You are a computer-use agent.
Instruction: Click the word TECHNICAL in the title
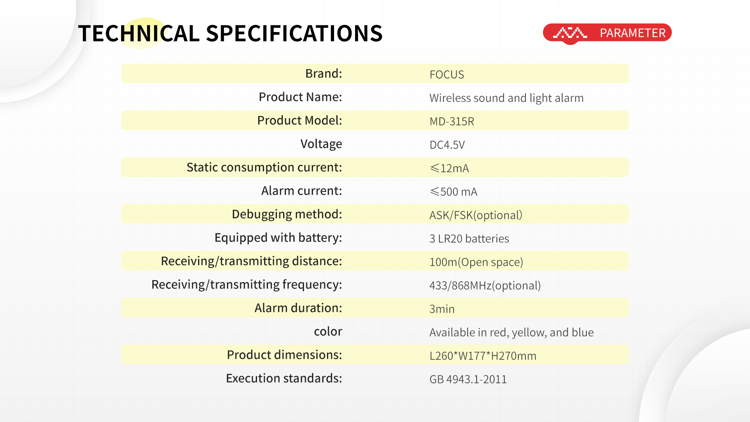coord(139,33)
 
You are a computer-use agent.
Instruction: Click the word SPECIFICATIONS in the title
coord(294,33)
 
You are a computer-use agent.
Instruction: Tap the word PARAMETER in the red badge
coord(632,33)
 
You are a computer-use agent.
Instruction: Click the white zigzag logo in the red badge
coord(570,33)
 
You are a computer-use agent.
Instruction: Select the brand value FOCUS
coord(446,75)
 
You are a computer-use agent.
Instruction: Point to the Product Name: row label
coord(300,97)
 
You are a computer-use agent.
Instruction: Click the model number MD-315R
coord(452,122)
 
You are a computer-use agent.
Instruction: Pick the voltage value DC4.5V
coord(447,145)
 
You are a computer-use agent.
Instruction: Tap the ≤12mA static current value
coord(449,168)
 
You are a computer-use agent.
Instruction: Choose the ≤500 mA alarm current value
coord(453,192)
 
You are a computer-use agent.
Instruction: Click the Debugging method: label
coord(287,215)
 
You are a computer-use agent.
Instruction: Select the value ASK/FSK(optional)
coord(476,215)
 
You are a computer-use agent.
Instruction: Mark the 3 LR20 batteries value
coord(469,239)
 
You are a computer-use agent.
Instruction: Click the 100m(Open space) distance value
coord(476,262)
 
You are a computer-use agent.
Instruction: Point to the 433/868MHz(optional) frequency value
coord(485,286)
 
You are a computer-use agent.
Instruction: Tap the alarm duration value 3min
coord(442,309)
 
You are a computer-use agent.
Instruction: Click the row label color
coord(328,332)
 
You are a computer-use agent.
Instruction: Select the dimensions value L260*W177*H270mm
coord(483,356)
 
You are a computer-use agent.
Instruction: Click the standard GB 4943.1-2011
coord(468,379)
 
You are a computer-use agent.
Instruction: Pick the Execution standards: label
coord(284,378)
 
